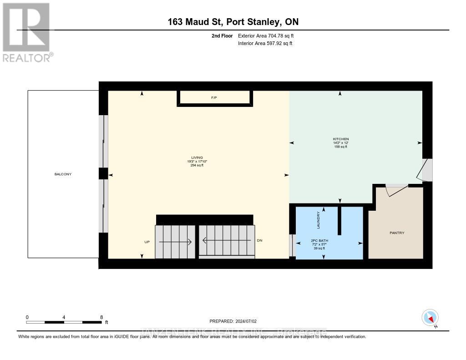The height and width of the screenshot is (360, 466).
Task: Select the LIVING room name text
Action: (x=197, y=157)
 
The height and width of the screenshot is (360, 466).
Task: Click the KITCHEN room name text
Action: (x=340, y=139)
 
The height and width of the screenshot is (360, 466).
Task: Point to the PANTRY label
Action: (x=397, y=233)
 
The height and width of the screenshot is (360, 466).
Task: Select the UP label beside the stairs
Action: (x=147, y=242)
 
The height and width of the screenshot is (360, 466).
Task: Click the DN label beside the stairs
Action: (x=259, y=240)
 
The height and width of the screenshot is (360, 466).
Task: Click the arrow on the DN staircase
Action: (x=226, y=240)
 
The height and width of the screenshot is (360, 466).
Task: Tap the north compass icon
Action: (x=430, y=317)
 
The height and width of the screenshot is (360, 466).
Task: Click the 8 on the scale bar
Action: (x=101, y=317)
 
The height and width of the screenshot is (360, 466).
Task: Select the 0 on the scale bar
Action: (x=27, y=317)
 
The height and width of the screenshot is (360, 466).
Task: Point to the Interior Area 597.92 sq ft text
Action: (x=265, y=43)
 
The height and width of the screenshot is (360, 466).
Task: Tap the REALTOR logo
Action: (x=27, y=32)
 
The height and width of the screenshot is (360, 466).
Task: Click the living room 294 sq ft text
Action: (x=197, y=165)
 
